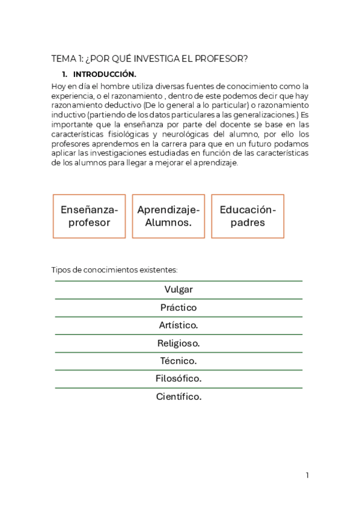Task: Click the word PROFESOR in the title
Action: [222, 58]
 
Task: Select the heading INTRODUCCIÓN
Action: [105, 75]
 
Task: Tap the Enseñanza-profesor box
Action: [89, 216]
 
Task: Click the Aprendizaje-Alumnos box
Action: [168, 216]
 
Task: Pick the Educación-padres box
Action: [248, 216]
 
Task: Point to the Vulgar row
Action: [178, 289]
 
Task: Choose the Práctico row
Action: [178, 307]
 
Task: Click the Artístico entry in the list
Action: [178, 325]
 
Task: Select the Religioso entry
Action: [178, 343]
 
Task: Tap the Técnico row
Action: [178, 361]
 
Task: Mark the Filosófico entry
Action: [178, 379]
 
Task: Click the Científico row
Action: [178, 397]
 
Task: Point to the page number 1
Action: [307, 475]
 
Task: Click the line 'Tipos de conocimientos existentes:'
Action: [115, 270]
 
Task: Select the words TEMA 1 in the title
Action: [67, 58]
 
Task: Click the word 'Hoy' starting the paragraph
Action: [59, 86]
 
